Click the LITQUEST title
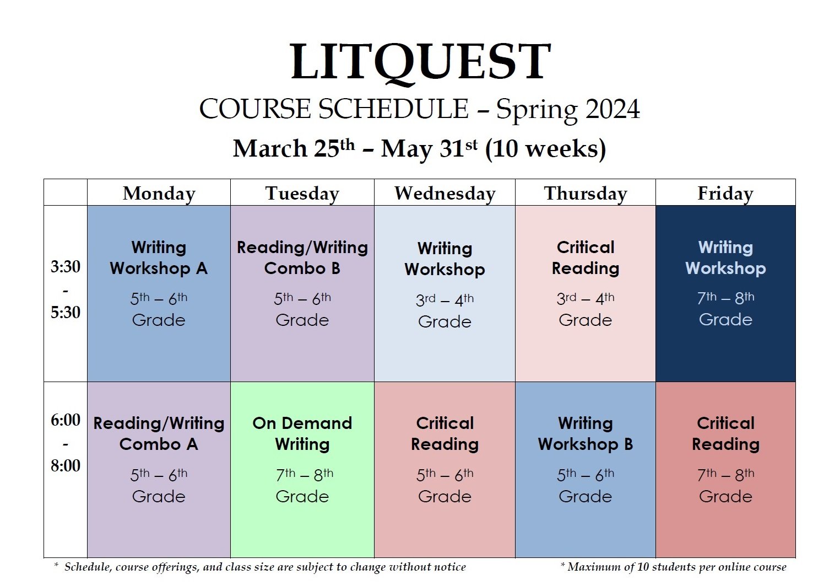pyautogui.click(x=420, y=62)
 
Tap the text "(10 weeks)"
pyautogui.click(x=545, y=149)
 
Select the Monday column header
pyautogui.click(x=159, y=194)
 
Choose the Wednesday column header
pyautogui.click(x=445, y=194)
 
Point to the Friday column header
pyautogui.click(x=725, y=194)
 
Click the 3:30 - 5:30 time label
pyautogui.click(x=66, y=289)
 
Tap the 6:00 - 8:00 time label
pyautogui.click(x=66, y=443)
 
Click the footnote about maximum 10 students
pyautogui.click(x=673, y=567)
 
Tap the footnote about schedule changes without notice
pyautogui.click(x=260, y=567)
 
